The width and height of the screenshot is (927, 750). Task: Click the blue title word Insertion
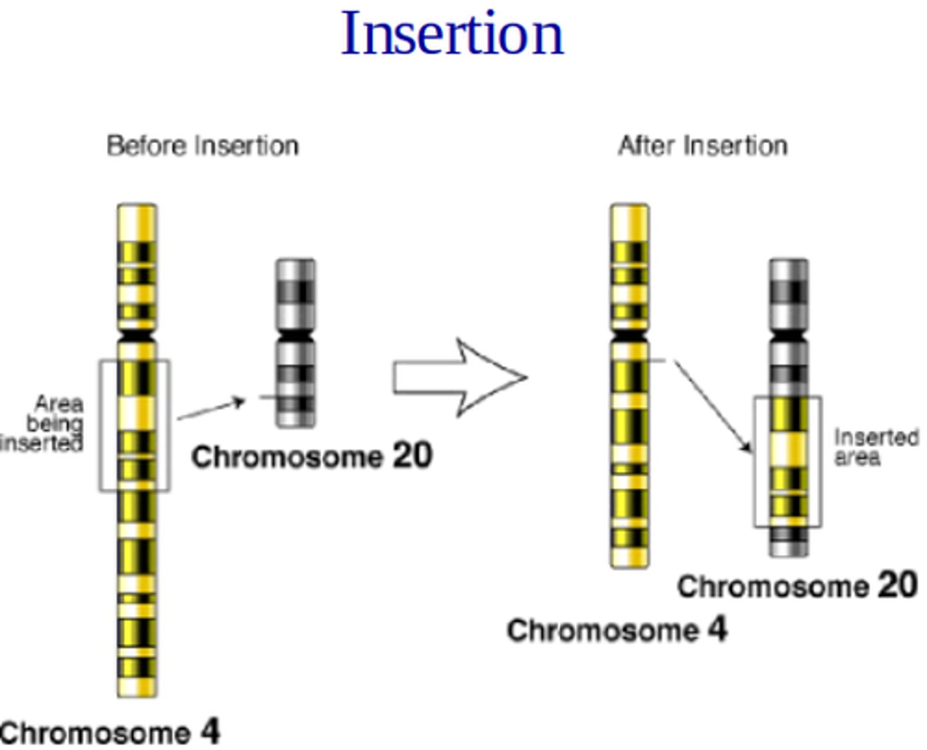[x=452, y=33]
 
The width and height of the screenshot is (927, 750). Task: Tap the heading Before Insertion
[x=202, y=146]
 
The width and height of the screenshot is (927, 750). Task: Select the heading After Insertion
[x=702, y=146]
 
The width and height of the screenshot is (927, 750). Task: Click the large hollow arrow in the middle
[x=460, y=378]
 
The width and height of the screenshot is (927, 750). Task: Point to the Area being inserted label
[x=45, y=424]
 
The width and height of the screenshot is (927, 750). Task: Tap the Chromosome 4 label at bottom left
[x=109, y=733]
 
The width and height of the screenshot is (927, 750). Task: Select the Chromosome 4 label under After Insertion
[x=617, y=630]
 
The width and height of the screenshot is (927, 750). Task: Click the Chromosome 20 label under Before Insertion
[x=312, y=457]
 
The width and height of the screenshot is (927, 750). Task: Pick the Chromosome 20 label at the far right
[x=797, y=586]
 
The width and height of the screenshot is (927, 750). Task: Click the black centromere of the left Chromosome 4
[x=136, y=336]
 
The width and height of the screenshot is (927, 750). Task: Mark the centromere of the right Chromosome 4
[x=629, y=336]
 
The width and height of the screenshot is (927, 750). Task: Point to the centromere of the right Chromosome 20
[x=789, y=336]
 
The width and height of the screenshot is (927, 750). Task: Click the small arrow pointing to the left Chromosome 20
[x=211, y=410]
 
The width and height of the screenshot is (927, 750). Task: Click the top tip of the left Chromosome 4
[x=136, y=208]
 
